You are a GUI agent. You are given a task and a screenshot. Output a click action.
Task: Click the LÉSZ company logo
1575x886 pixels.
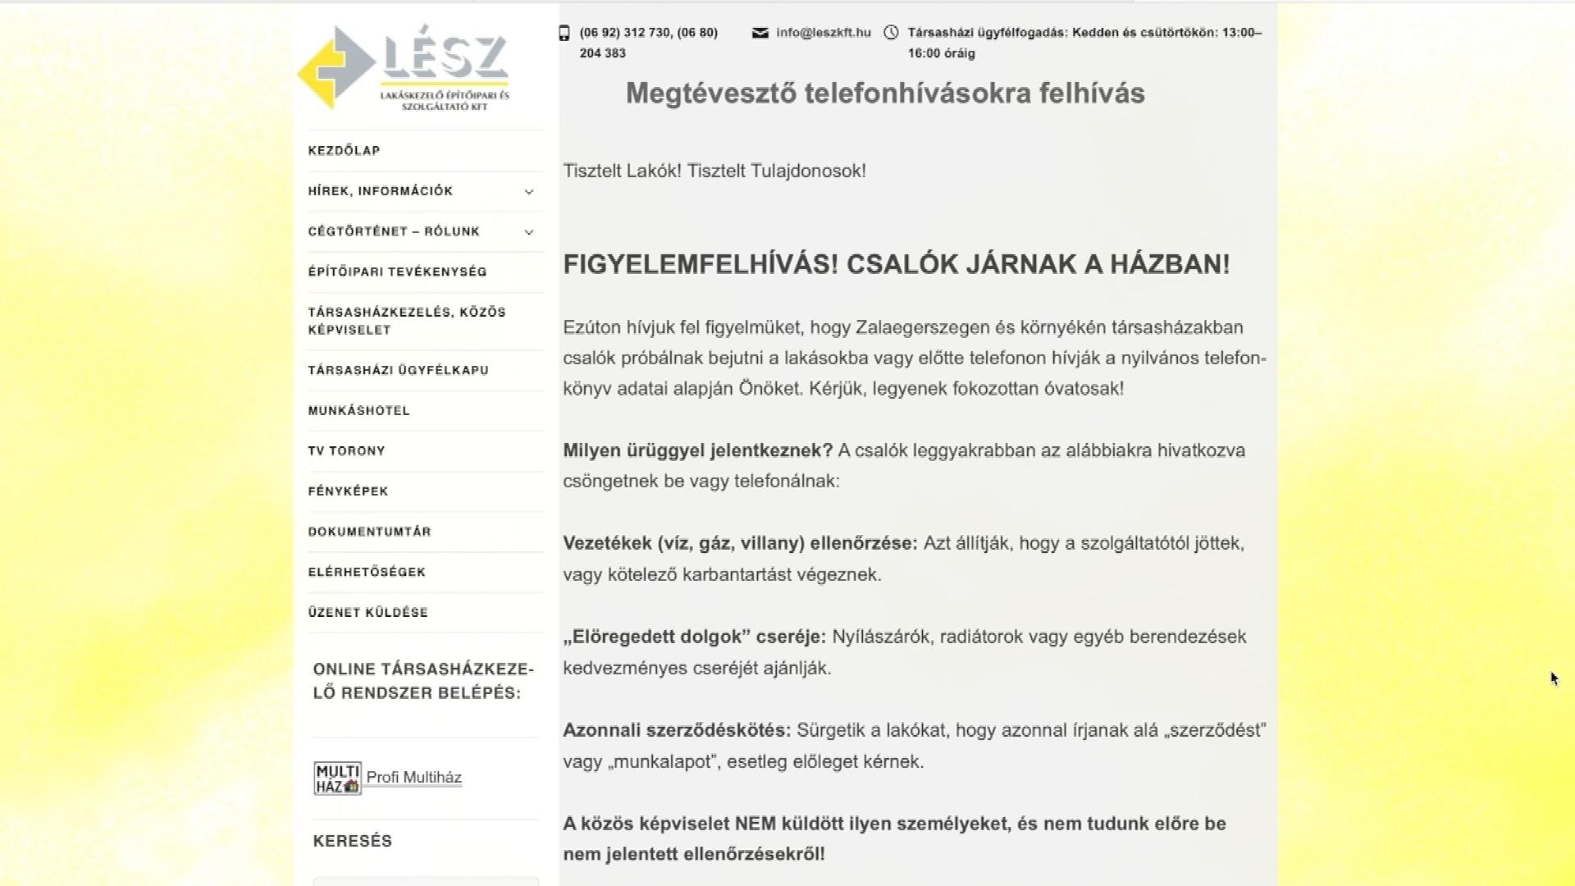point(404,68)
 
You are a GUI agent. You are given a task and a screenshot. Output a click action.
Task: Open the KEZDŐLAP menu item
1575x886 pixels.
point(344,151)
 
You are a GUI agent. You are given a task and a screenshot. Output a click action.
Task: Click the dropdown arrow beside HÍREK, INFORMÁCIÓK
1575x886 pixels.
point(529,192)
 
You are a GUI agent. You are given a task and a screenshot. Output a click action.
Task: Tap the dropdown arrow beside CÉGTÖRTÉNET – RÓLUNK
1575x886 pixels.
point(529,232)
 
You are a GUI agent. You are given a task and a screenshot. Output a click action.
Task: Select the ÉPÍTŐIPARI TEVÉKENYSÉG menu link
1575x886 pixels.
point(397,272)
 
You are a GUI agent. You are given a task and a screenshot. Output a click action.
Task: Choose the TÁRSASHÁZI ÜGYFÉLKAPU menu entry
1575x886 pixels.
point(398,370)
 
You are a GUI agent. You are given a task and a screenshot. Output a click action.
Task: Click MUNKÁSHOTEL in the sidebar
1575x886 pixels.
point(358,410)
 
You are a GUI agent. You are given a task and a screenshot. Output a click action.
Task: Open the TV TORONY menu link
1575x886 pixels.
point(346,450)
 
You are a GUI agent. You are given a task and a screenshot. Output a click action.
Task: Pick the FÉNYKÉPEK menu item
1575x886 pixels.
point(348,491)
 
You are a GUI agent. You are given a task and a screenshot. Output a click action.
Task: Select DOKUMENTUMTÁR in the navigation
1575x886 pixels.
point(369,532)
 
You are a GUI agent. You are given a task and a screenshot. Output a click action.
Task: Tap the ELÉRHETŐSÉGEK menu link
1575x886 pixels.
point(367,572)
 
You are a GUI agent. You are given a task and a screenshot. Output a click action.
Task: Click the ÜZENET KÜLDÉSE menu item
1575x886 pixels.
point(367,612)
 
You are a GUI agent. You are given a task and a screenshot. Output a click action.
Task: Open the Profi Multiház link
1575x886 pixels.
point(413,778)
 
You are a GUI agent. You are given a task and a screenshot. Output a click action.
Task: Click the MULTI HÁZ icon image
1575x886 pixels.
point(337,779)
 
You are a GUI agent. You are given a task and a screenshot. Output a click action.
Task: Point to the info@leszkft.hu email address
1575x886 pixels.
point(823,33)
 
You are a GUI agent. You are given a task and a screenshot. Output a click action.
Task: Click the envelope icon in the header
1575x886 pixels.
point(760,33)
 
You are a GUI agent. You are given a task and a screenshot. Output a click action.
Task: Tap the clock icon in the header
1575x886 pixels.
point(891,33)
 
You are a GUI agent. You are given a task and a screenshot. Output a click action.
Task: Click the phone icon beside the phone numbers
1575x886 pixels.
point(564,33)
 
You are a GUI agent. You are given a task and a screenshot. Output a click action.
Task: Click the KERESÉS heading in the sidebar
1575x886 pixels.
point(353,841)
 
